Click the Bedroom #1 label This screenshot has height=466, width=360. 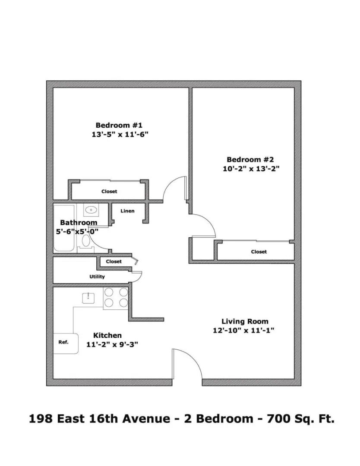(x=119, y=125)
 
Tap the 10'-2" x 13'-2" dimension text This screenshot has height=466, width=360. (x=251, y=169)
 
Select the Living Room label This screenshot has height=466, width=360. (x=245, y=321)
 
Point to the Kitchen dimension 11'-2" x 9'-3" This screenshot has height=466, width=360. (x=112, y=344)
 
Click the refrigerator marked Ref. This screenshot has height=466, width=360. (x=66, y=343)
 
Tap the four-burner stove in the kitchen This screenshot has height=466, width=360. (x=116, y=297)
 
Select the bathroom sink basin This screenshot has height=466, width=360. (x=91, y=211)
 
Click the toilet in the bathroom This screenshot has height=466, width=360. (x=86, y=241)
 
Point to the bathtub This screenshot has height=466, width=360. (x=64, y=228)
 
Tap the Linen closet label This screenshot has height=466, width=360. (x=127, y=211)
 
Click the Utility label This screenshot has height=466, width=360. (x=97, y=277)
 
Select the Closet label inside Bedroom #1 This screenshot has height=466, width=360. (x=109, y=192)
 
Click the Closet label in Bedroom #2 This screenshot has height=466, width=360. (x=259, y=252)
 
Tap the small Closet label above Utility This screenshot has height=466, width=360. (x=114, y=261)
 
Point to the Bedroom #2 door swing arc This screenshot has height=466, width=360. (x=208, y=221)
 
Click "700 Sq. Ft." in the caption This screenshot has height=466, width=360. (x=301, y=419)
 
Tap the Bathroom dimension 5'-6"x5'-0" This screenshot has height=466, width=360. (x=77, y=232)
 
